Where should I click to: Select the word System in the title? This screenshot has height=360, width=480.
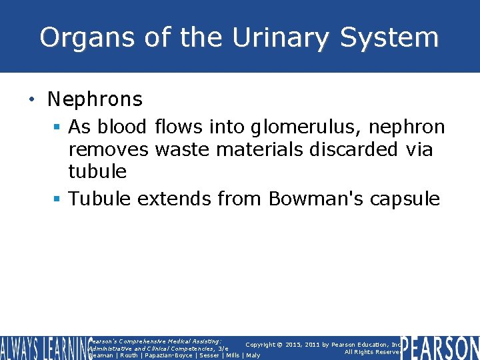(x=389, y=38)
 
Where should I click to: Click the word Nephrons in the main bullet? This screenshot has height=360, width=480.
(x=95, y=99)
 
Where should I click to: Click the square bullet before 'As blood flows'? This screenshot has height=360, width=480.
(x=58, y=127)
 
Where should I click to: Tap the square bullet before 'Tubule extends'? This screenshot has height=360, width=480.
(x=58, y=199)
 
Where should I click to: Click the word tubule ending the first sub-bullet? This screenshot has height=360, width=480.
(x=97, y=171)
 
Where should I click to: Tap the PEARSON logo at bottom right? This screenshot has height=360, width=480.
(x=439, y=347)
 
